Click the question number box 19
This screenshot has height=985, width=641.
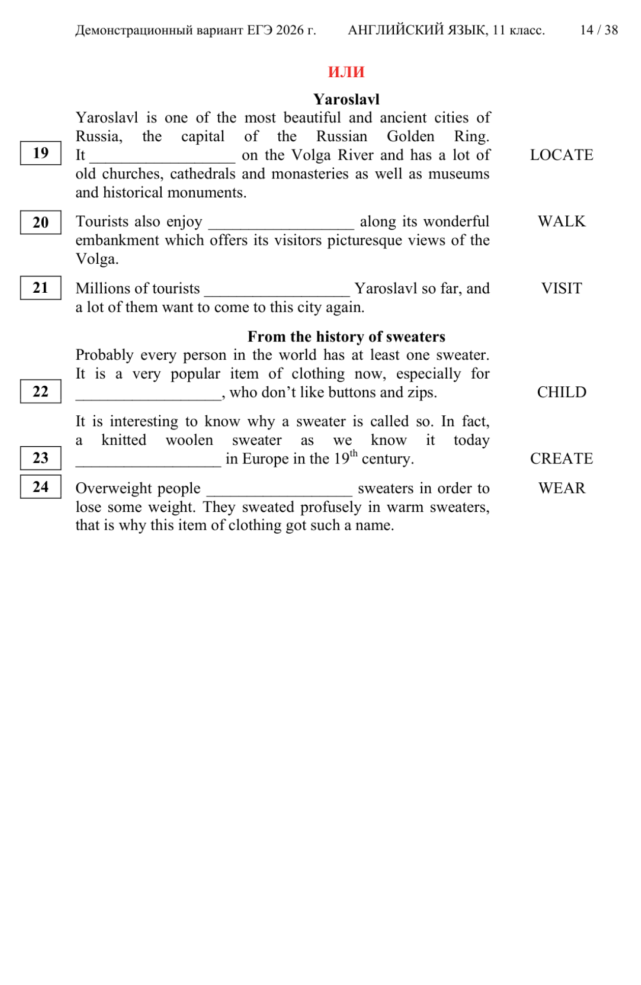(41, 153)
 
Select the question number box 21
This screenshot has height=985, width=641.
(41, 288)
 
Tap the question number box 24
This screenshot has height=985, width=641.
(41, 487)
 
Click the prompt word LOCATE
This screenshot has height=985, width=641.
(561, 155)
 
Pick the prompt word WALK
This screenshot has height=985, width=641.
(561, 222)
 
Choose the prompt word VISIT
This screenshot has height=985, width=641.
(561, 289)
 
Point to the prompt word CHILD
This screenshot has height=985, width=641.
(561, 392)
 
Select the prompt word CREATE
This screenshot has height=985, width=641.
(561, 458)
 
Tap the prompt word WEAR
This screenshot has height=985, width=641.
(561, 488)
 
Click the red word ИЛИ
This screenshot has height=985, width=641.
(346, 72)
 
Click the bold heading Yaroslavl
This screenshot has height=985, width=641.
(346, 99)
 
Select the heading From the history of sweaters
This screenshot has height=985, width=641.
(346, 336)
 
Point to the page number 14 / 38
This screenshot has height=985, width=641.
(598, 30)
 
